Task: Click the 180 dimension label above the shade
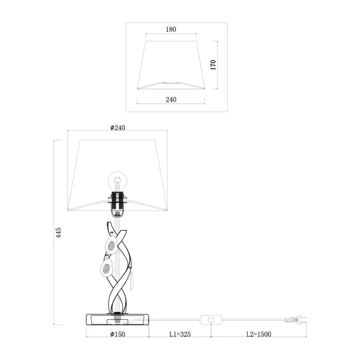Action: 171,29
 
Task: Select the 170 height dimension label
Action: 213,65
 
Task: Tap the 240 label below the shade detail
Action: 171,99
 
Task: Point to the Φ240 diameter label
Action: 117,128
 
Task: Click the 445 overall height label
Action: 58,233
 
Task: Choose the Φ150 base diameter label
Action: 117,334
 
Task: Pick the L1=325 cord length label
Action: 180,334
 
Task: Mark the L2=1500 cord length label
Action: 259,334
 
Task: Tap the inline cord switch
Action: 211,319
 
